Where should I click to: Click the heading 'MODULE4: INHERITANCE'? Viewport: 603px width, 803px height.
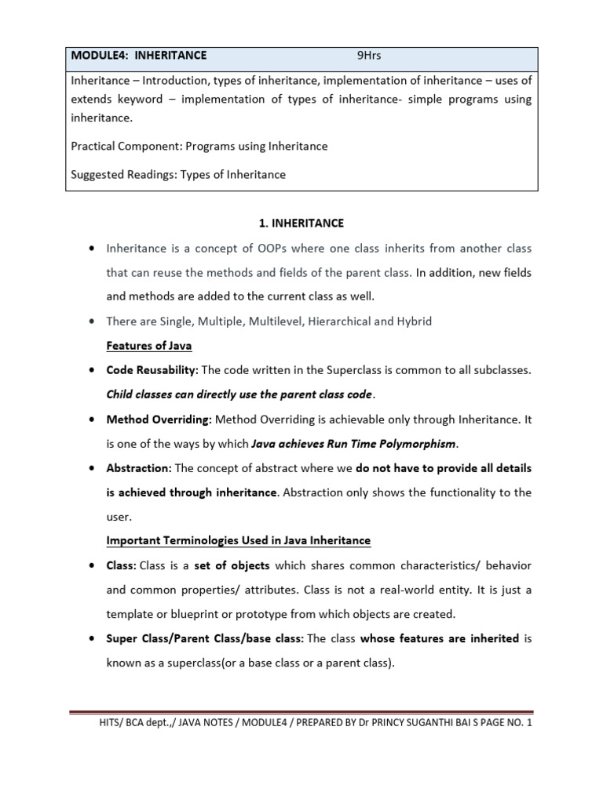(139, 56)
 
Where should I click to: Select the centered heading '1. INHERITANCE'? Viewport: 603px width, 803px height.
(301, 223)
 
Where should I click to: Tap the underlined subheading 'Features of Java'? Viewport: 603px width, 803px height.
(149, 346)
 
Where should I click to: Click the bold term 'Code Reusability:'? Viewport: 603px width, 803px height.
(152, 370)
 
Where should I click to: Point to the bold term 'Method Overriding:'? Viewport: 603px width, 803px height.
(159, 420)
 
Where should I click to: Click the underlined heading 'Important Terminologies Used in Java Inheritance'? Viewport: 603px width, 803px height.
(238, 541)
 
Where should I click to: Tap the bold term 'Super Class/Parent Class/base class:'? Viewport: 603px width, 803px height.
(205, 638)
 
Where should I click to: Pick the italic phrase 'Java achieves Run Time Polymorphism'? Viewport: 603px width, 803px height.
(353, 444)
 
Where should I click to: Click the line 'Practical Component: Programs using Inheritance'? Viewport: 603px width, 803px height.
(199, 146)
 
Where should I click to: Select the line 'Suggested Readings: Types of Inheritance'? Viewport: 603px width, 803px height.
(178, 174)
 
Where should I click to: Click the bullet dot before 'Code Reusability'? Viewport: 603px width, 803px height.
(92, 370)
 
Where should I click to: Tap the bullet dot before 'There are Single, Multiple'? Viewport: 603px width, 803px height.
(92, 322)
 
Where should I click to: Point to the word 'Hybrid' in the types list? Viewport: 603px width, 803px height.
(415, 322)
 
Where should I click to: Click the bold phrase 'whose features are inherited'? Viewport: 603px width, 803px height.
(440, 638)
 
